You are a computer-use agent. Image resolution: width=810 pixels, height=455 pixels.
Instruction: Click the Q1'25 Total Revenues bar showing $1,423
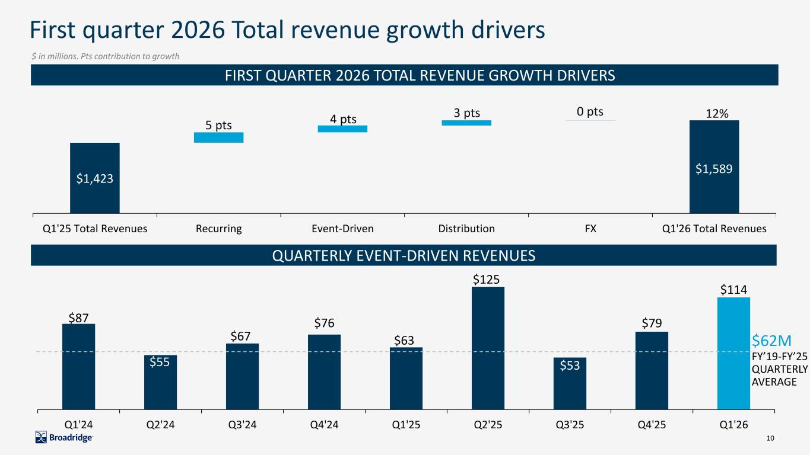(94, 177)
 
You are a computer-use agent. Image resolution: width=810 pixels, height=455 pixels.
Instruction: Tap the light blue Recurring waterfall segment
(218, 137)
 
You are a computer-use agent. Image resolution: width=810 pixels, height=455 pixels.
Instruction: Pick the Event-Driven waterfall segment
(342, 129)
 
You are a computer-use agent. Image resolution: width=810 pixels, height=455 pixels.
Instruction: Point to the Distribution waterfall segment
(466, 123)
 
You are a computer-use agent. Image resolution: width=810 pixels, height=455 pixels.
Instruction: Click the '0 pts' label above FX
(590, 111)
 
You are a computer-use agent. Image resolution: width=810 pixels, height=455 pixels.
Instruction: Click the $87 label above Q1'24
(78, 318)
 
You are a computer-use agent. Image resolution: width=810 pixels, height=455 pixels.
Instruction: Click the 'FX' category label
(590, 229)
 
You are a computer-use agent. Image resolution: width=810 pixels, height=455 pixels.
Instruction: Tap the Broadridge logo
(64, 438)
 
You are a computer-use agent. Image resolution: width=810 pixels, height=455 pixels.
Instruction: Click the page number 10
(771, 438)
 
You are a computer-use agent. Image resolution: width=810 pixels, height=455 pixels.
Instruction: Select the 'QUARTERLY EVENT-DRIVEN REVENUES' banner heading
(404, 255)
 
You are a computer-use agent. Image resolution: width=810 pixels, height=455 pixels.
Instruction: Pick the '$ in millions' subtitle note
(105, 56)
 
